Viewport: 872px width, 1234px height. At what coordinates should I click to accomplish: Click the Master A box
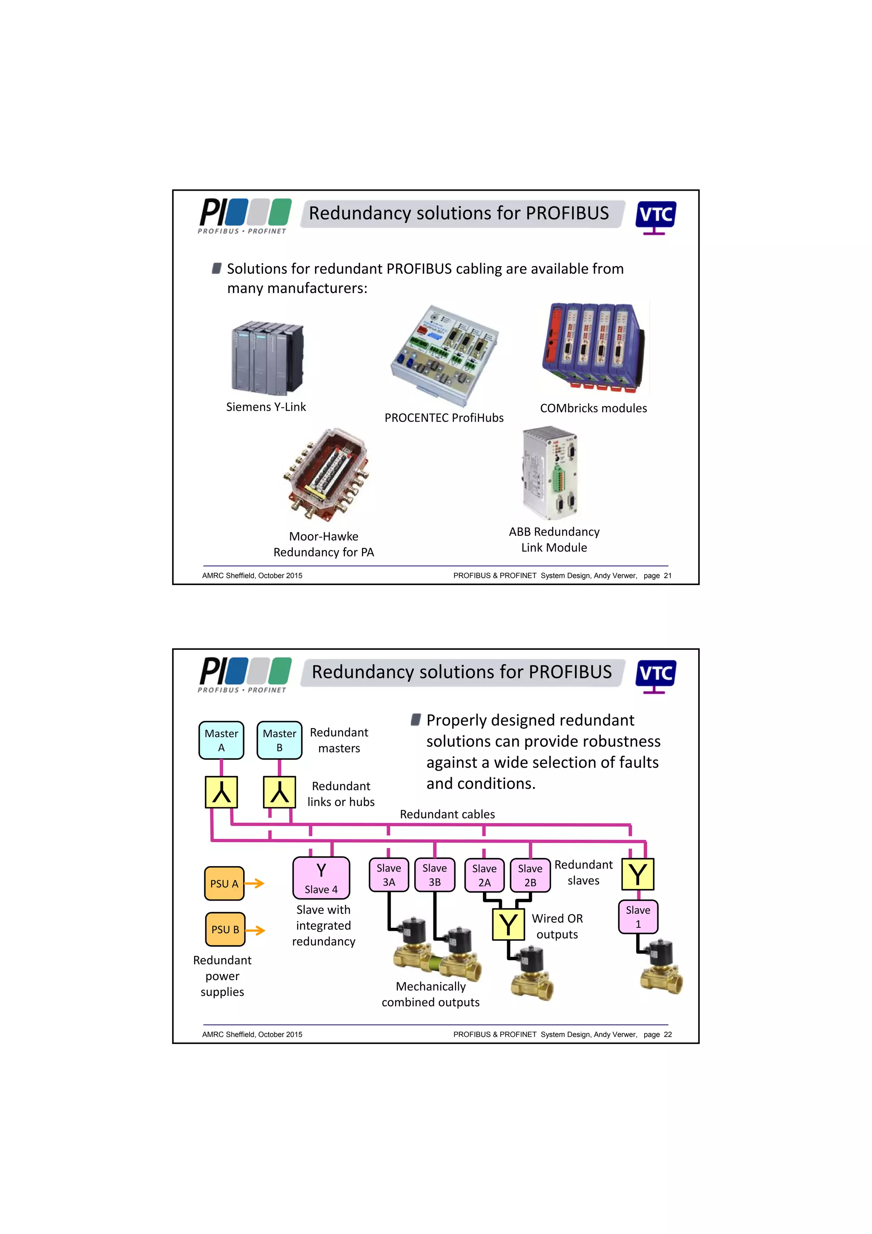click(x=221, y=740)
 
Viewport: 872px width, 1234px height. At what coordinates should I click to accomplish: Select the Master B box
click(x=279, y=740)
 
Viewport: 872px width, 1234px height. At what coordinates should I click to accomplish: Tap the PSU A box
click(x=224, y=883)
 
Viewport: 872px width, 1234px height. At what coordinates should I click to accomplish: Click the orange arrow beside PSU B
click(x=256, y=930)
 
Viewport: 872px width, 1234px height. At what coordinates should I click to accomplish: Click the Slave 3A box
click(x=388, y=875)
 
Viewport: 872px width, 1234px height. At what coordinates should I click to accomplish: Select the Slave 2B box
click(x=530, y=875)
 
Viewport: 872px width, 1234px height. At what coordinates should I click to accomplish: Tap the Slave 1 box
click(x=638, y=917)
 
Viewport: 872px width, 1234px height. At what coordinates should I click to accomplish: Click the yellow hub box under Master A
click(x=221, y=792)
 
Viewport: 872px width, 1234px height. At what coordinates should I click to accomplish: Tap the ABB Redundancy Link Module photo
click(x=550, y=473)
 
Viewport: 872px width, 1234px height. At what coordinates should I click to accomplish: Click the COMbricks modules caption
click(x=593, y=408)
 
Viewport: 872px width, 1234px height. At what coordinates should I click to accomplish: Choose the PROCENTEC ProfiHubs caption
click(x=444, y=418)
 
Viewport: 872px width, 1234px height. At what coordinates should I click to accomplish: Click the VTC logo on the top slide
click(x=655, y=216)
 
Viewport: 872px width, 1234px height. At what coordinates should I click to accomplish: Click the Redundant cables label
click(x=447, y=814)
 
